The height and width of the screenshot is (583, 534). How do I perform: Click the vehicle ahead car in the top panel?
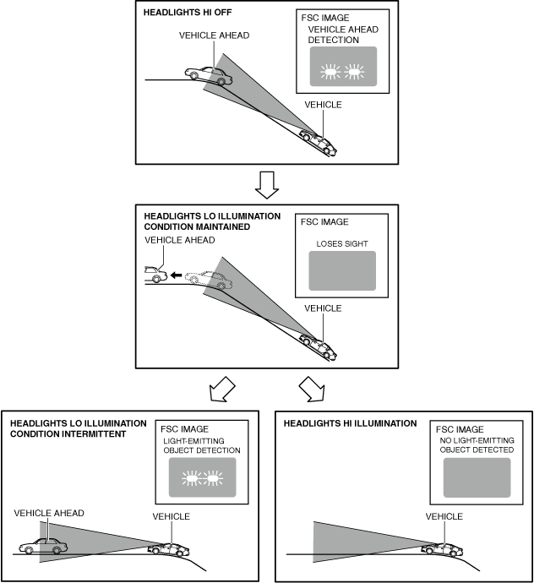click(x=210, y=75)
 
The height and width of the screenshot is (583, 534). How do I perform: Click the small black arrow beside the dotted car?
click(x=173, y=275)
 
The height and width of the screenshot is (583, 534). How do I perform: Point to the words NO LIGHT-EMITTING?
click(x=477, y=440)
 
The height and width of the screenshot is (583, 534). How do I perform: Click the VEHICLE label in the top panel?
click(x=323, y=105)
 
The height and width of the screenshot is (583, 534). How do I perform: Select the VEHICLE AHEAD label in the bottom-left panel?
click(x=49, y=513)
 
